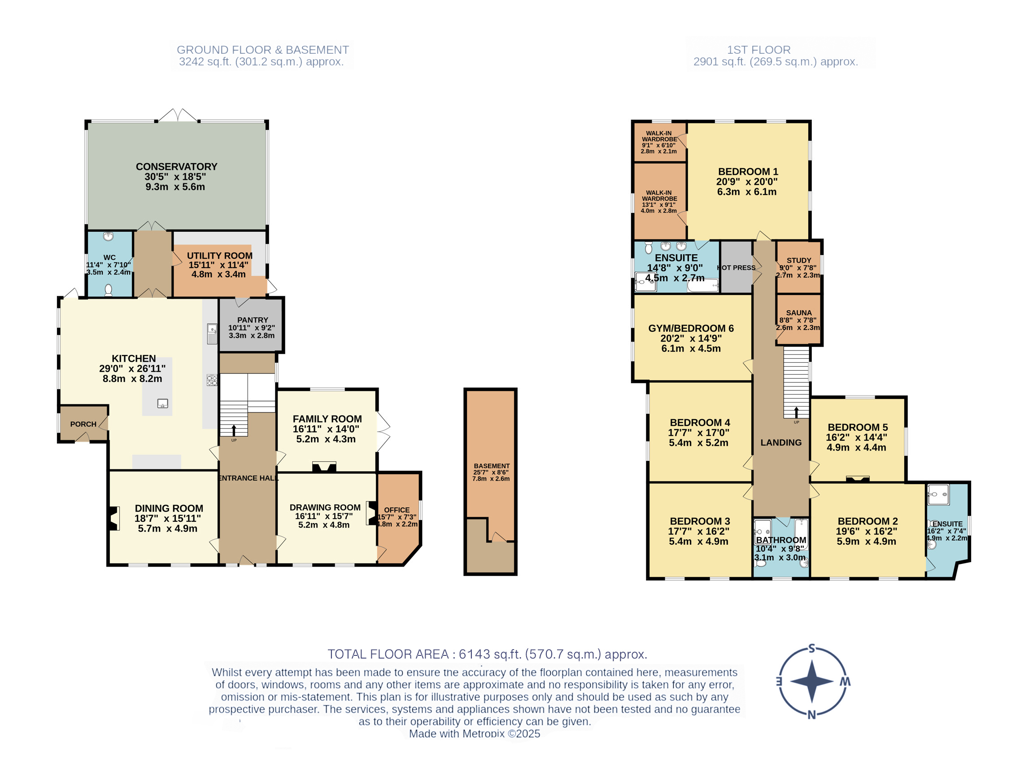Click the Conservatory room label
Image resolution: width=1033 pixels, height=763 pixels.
coord(176,167)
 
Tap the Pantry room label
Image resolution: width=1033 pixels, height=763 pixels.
coord(253,320)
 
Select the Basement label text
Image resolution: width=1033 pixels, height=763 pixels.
coord(492,466)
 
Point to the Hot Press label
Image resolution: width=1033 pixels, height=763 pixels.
coord(737,268)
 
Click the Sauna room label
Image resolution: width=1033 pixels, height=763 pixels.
coord(799,312)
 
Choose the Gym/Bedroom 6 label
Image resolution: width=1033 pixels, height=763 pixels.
coord(691,329)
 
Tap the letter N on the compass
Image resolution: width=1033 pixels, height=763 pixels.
coord(811,715)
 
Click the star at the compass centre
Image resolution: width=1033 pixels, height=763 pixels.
coord(812,681)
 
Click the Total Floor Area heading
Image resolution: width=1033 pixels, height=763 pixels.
coord(488,654)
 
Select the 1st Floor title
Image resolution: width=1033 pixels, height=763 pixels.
coord(758,50)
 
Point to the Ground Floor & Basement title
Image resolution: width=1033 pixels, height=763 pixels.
coord(263,50)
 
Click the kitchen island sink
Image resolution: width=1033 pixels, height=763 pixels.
coord(163,403)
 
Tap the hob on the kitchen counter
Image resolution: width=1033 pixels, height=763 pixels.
coord(212,380)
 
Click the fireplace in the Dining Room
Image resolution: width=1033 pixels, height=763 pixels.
coord(113,518)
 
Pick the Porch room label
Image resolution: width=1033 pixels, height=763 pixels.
coord(83,424)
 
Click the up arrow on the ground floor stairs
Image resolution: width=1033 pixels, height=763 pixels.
coord(234,430)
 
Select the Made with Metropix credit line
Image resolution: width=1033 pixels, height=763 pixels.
coord(475,733)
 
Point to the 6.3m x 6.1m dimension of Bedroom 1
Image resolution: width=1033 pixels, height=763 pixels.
coord(746,192)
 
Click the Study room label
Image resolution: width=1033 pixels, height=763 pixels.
coord(799,260)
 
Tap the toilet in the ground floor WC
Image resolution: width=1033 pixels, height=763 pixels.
coord(108,290)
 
